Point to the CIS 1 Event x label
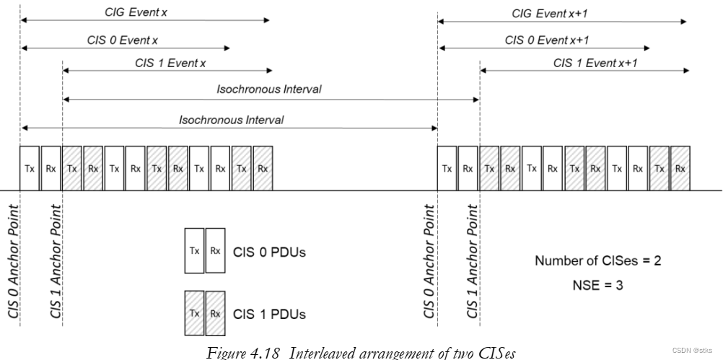click(x=170, y=63)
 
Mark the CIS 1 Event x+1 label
click(x=595, y=63)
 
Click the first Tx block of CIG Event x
click(x=30, y=168)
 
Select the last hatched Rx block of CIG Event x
click(x=263, y=168)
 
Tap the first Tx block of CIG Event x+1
click(x=447, y=168)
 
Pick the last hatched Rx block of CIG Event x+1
click(x=680, y=168)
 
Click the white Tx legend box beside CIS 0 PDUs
click(x=194, y=252)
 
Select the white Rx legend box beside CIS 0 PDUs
click(x=214, y=252)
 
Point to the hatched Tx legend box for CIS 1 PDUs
click(x=194, y=314)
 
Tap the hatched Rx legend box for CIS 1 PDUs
click(x=214, y=314)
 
